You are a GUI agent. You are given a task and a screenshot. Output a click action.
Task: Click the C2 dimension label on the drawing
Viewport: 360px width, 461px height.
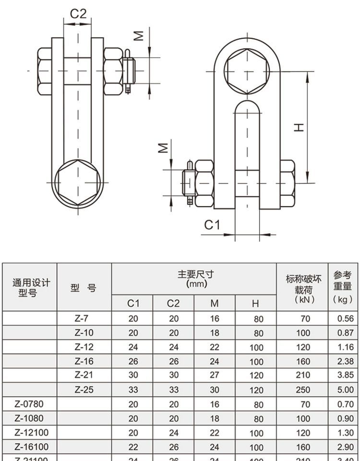click(x=78, y=13)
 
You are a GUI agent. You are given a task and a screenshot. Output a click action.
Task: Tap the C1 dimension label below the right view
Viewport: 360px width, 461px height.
click(x=212, y=224)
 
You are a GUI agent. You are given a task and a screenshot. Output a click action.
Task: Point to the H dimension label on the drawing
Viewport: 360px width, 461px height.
click(x=299, y=127)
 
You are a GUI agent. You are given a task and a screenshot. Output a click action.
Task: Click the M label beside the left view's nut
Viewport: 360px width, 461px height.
click(x=138, y=35)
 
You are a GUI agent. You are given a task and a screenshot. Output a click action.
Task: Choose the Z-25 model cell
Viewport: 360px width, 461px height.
click(x=84, y=390)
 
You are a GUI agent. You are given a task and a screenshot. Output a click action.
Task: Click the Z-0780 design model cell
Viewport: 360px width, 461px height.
click(x=29, y=404)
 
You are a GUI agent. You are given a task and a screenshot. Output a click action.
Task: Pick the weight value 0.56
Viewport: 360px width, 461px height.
click(x=345, y=318)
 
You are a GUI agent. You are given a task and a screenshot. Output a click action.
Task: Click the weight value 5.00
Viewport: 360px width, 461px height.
click(x=345, y=390)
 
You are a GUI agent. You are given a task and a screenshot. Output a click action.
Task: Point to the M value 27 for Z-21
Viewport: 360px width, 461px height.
click(x=214, y=376)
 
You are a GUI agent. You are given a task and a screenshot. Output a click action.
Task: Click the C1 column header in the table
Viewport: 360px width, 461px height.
click(x=132, y=303)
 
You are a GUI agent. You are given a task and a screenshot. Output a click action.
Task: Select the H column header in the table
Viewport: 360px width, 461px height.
click(x=255, y=303)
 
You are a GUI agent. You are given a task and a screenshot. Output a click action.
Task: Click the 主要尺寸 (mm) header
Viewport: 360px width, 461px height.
click(x=195, y=279)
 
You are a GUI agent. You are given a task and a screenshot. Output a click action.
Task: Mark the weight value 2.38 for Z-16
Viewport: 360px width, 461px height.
click(x=345, y=361)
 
